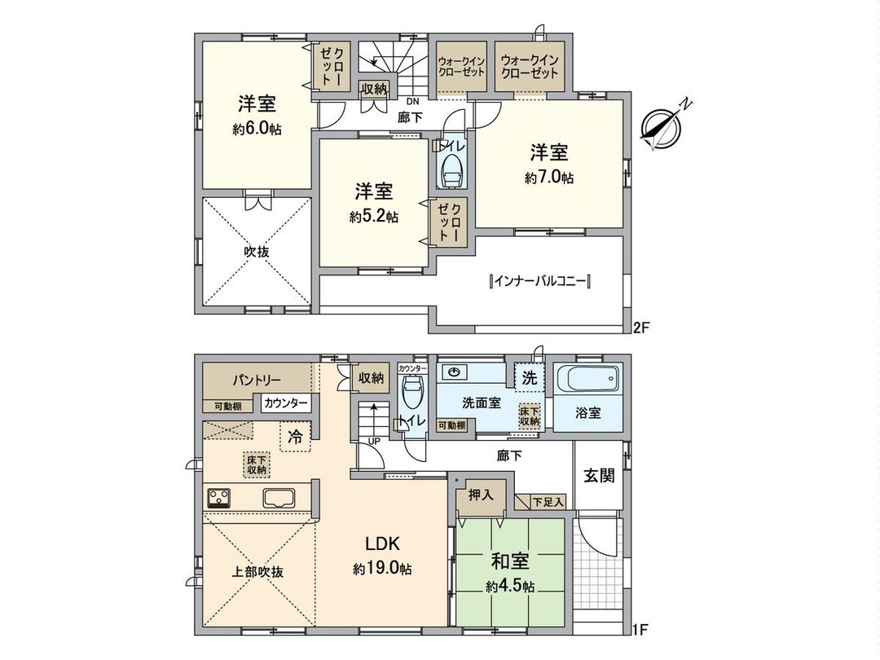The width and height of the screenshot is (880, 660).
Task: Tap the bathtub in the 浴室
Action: [586, 380]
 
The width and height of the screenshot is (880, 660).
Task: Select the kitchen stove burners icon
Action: [219, 497]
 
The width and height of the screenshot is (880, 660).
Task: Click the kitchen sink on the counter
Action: [279, 497]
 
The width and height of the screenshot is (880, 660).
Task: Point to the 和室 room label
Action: [510, 562]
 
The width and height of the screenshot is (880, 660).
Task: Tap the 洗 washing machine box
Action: [528, 379]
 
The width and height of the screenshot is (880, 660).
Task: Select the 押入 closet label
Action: [479, 495]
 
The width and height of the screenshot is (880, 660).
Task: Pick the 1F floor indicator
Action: [641, 629]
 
